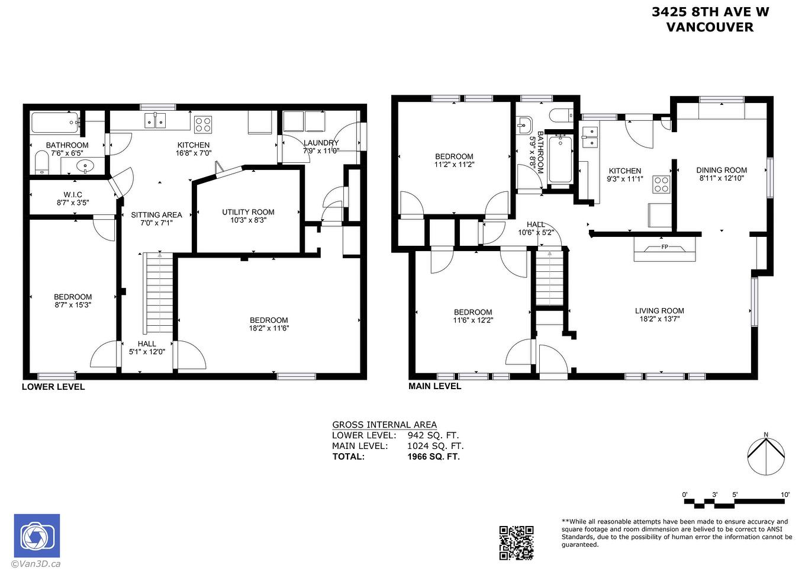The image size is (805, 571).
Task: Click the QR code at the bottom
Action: coord(516,543)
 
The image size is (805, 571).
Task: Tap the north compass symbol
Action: coord(766,455)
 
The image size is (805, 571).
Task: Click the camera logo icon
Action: coord(37,536)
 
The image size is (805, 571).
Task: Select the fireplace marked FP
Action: coord(664,248)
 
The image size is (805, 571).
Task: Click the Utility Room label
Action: coord(248,212)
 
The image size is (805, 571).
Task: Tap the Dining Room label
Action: coord(722,170)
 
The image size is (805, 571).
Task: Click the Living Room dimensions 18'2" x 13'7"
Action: coord(659,319)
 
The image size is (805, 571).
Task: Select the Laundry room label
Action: coord(321,143)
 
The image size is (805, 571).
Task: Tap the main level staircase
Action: coord(549,278)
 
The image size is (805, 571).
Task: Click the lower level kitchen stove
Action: coord(203,124)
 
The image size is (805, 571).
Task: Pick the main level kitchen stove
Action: coord(661,185)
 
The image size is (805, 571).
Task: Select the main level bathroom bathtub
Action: coord(560,159)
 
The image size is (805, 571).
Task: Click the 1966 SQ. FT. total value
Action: coord(433,457)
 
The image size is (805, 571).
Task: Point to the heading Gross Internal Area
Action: coord(384,425)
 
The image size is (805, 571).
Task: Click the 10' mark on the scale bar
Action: coord(785,495)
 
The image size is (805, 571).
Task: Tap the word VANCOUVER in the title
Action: coord(710,27)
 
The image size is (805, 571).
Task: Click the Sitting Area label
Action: coord(156,215)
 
